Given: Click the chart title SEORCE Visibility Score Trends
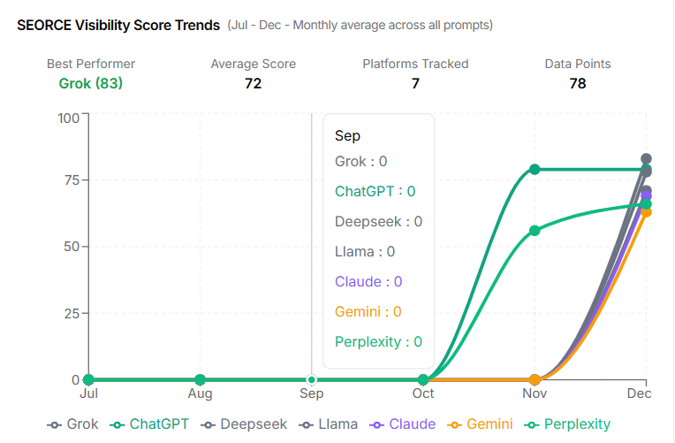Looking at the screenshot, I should [118, 25].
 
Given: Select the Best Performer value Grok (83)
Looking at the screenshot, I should [91, 84].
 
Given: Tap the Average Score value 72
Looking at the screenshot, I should [253, 84].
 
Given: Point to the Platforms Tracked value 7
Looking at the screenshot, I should [415, 84].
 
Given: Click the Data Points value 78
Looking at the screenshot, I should [578, 84].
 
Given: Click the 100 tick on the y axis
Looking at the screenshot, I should [68, 118].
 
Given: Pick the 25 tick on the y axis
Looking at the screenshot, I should [70, 314].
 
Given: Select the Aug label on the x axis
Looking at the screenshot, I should [201, 393].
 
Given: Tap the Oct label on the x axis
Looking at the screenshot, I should [423, 393].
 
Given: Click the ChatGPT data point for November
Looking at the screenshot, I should [535, 169].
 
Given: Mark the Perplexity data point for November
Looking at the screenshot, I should [535, 231].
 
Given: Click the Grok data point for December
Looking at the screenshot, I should [646, 159].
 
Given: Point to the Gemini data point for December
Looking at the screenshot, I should [646, 212].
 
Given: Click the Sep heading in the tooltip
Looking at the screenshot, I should [347, 136].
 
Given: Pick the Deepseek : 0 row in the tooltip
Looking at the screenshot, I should [378, 221].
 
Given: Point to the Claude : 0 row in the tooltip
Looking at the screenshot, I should [368, 281].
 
